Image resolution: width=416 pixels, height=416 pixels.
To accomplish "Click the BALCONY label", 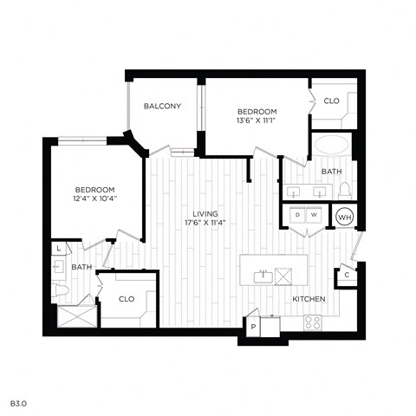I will click(162, 107).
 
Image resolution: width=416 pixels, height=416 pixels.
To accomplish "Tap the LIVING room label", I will click(205, 214).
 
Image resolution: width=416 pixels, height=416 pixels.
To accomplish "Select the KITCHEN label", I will click(309, 299).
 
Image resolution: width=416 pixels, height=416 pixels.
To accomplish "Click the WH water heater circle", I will click(344, 217).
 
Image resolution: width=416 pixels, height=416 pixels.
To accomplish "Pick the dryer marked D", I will click(297, 214).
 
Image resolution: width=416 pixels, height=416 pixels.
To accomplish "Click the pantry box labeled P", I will click(254, 328).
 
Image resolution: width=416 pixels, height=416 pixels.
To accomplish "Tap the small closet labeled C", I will click(346, 276).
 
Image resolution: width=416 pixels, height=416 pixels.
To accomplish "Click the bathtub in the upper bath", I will click(333, 145).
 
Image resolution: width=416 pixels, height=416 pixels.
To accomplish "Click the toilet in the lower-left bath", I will click(61, 289).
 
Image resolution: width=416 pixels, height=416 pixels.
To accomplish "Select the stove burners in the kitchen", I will click(312, 322).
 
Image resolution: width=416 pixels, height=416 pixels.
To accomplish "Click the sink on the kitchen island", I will click(260, 277).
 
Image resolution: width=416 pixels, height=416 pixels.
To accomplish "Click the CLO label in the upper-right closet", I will click(332, 101).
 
